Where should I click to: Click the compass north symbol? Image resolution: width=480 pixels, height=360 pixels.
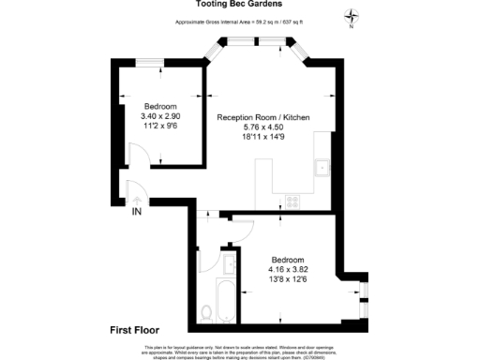(351, 15)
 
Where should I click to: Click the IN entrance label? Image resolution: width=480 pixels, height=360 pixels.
(137, 212)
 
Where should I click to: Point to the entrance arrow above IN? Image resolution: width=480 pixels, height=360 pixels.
(137, 199)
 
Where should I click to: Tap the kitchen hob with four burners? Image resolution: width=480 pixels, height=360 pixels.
(292, 200)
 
